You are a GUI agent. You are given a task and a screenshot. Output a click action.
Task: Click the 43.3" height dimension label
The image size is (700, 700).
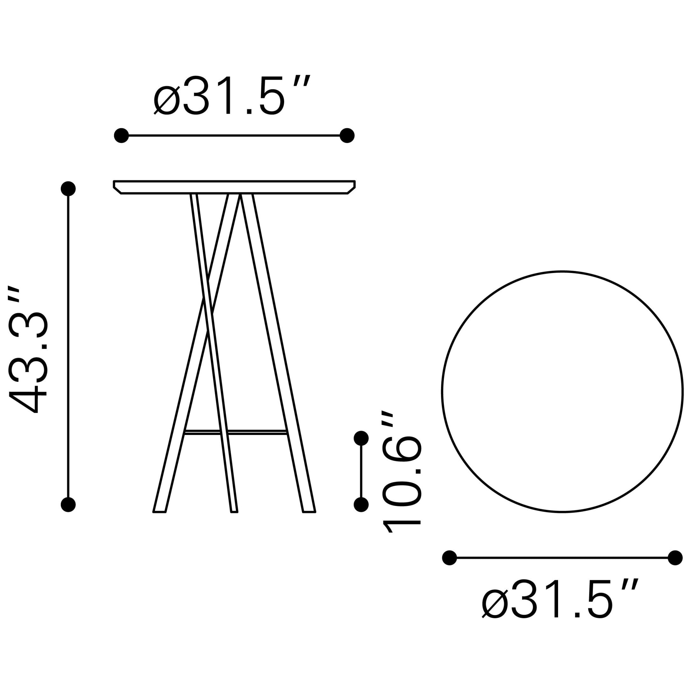click(28, 350)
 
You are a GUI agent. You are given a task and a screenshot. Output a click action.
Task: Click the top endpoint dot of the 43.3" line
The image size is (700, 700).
click(68, 188)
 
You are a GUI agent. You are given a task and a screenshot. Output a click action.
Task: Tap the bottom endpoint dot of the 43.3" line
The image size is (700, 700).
click(68, 504)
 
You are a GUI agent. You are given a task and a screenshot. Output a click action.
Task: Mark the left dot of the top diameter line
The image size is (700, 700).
click(121, 136)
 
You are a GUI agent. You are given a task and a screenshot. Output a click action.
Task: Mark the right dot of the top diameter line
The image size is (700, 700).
click(347, 136)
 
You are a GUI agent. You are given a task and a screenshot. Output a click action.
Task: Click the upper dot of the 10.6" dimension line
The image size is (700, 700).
click(361, 438)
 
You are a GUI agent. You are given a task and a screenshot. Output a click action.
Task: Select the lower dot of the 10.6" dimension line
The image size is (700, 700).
click(361, 504)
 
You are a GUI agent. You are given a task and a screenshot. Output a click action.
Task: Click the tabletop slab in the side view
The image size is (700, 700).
click(234, 187)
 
